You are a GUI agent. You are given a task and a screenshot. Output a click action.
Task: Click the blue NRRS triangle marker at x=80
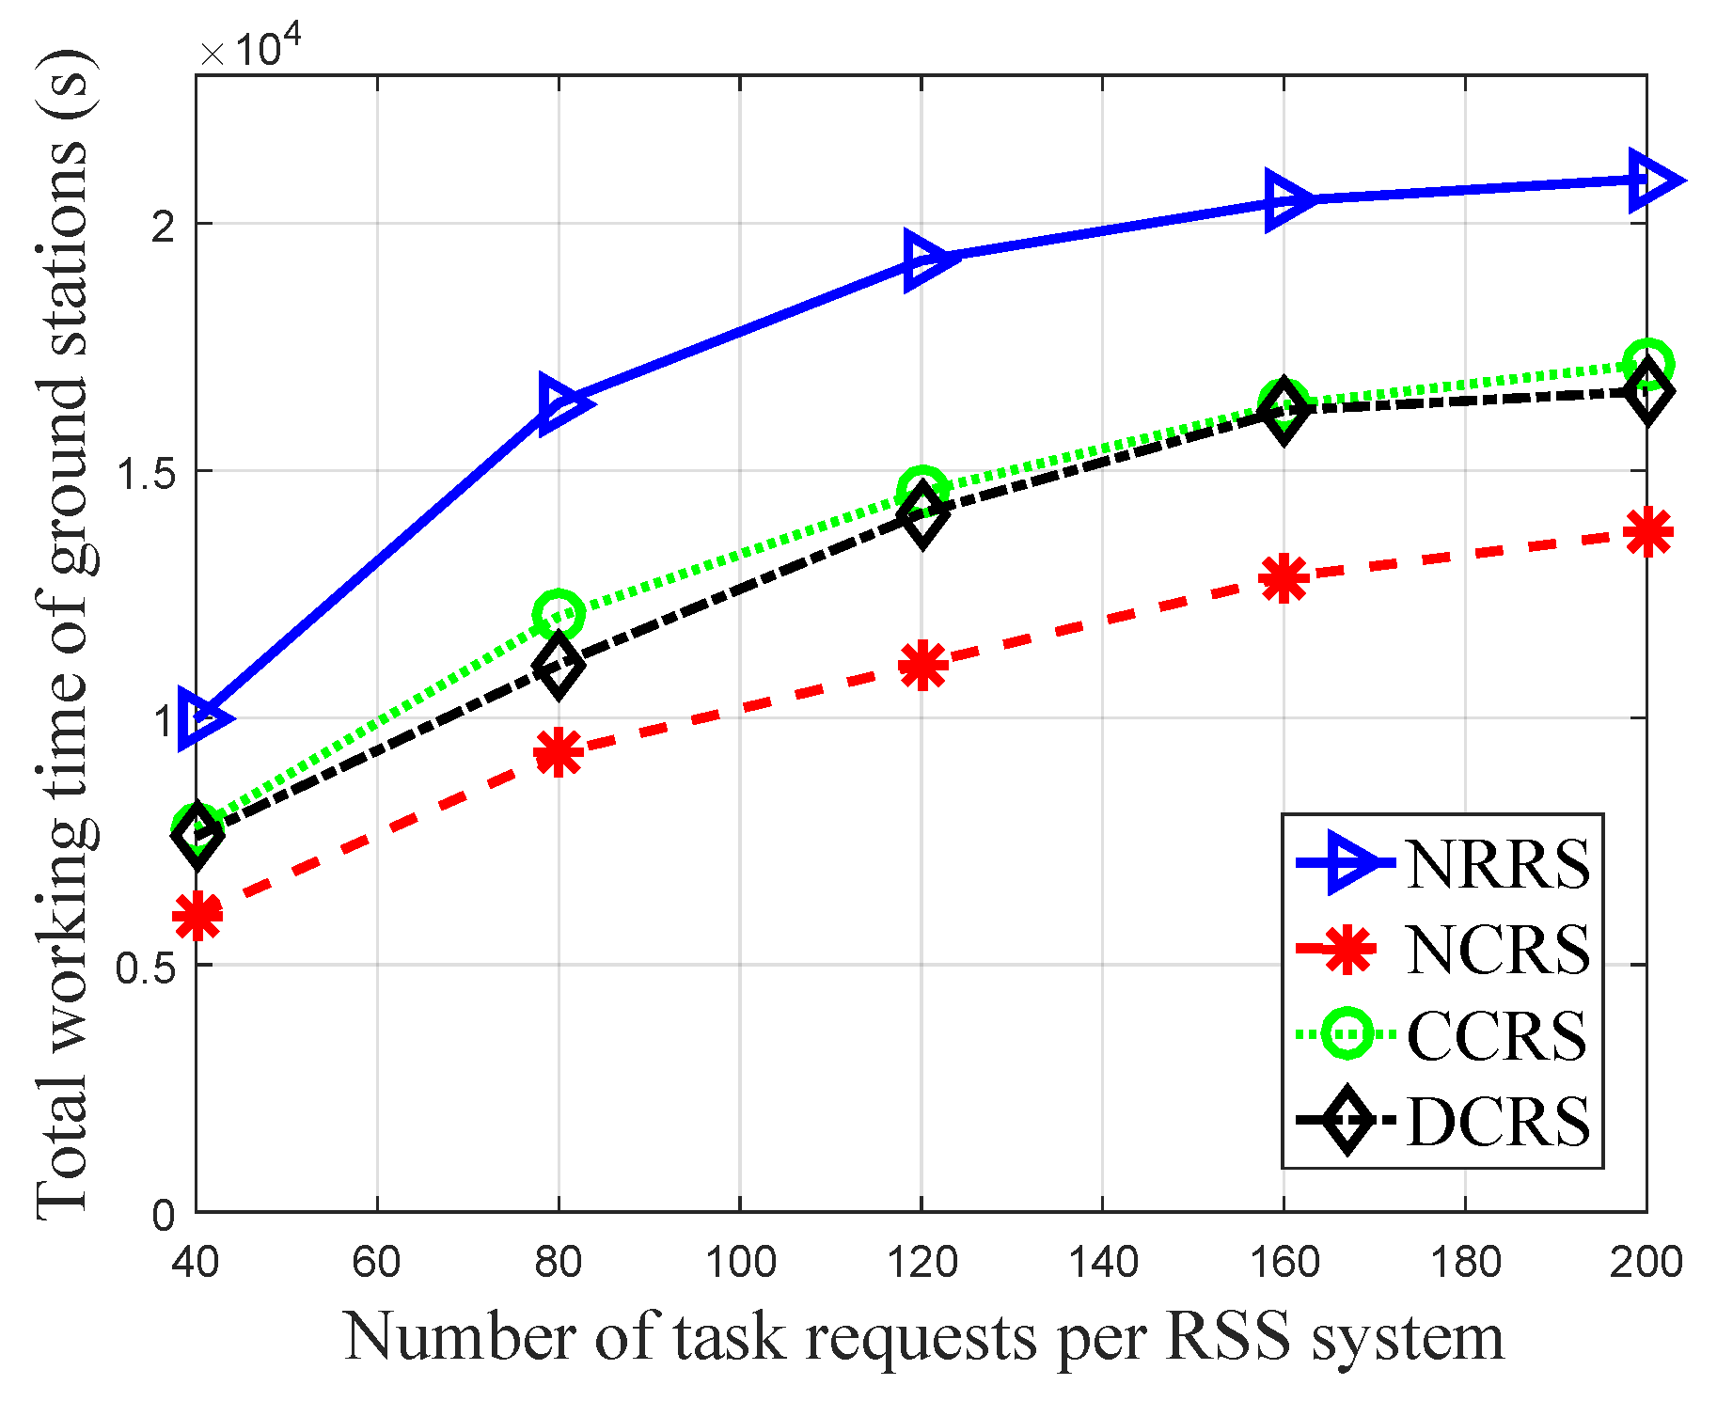click(x=561, y=402)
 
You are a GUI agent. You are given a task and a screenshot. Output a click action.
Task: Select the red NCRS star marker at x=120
click(x=922, y=666)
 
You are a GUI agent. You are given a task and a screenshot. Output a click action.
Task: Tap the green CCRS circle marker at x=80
click(x=559, y=614)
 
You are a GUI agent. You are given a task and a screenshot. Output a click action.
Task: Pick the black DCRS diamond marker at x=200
click(x=1646, y=392)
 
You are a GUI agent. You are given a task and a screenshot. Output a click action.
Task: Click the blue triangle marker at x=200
click(x=1650, y=180)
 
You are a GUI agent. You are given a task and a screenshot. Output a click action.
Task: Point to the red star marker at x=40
click(x=197, y=914)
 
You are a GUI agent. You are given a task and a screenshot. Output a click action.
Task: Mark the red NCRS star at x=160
click(x=1284, y=577)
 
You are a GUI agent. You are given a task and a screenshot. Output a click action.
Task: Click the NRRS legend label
click(x=1497, y=863)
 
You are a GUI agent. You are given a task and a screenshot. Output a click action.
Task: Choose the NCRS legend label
click(x=1497, y=950)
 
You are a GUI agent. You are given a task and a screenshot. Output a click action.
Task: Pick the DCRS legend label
click(x=1497, y=1122)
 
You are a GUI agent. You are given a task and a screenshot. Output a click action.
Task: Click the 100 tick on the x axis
click(x=740, y=1262)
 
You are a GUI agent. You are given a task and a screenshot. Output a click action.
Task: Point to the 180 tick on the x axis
click(x=1465, y=1262)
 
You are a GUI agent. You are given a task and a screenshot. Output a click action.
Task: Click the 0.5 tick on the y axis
click(x=145, y=967)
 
